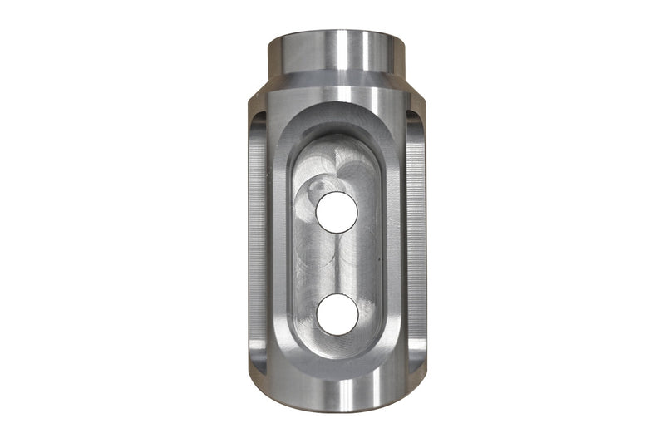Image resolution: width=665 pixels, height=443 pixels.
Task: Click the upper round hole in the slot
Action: click(337, 212)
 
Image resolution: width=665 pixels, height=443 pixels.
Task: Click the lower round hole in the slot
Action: click(337, 314)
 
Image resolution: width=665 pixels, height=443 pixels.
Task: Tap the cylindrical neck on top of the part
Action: click(337, 54)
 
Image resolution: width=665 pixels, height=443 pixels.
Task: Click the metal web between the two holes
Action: click(337, 263)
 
